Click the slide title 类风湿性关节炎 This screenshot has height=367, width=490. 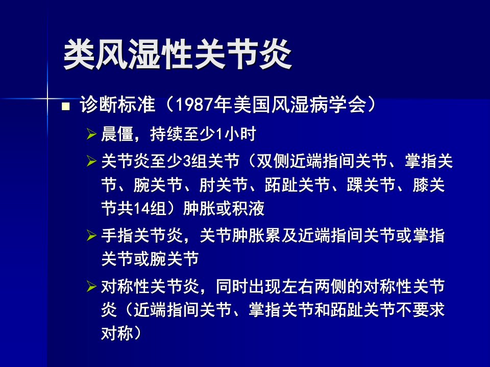pyautogui.click(x=178, y=54)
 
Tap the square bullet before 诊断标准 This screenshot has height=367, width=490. pyautogui.click(x=66, y=107)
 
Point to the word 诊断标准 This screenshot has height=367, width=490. pyautogui.click(x=117, y=104)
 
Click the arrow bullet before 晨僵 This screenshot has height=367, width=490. pyautogui.click(x=91, y=134)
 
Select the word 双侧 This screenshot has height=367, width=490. pyautogui.click(x=273, y=162)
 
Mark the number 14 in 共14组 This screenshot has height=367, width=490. pyautogui.click(x=142, y=208)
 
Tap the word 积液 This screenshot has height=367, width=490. pyautogui.click(x=248, y=208)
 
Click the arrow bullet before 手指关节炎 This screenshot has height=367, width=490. pyautogui.click(x=91, y=235)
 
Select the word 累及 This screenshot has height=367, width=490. pyautogui.click(x=281, y=235)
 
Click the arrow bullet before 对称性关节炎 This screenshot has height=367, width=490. pyautogui.click(x=91, y=286)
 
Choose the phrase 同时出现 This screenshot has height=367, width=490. pyautogui.click(x=248, y=286)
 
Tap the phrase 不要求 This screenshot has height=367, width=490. pyautogui.click(x=420, y=310)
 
